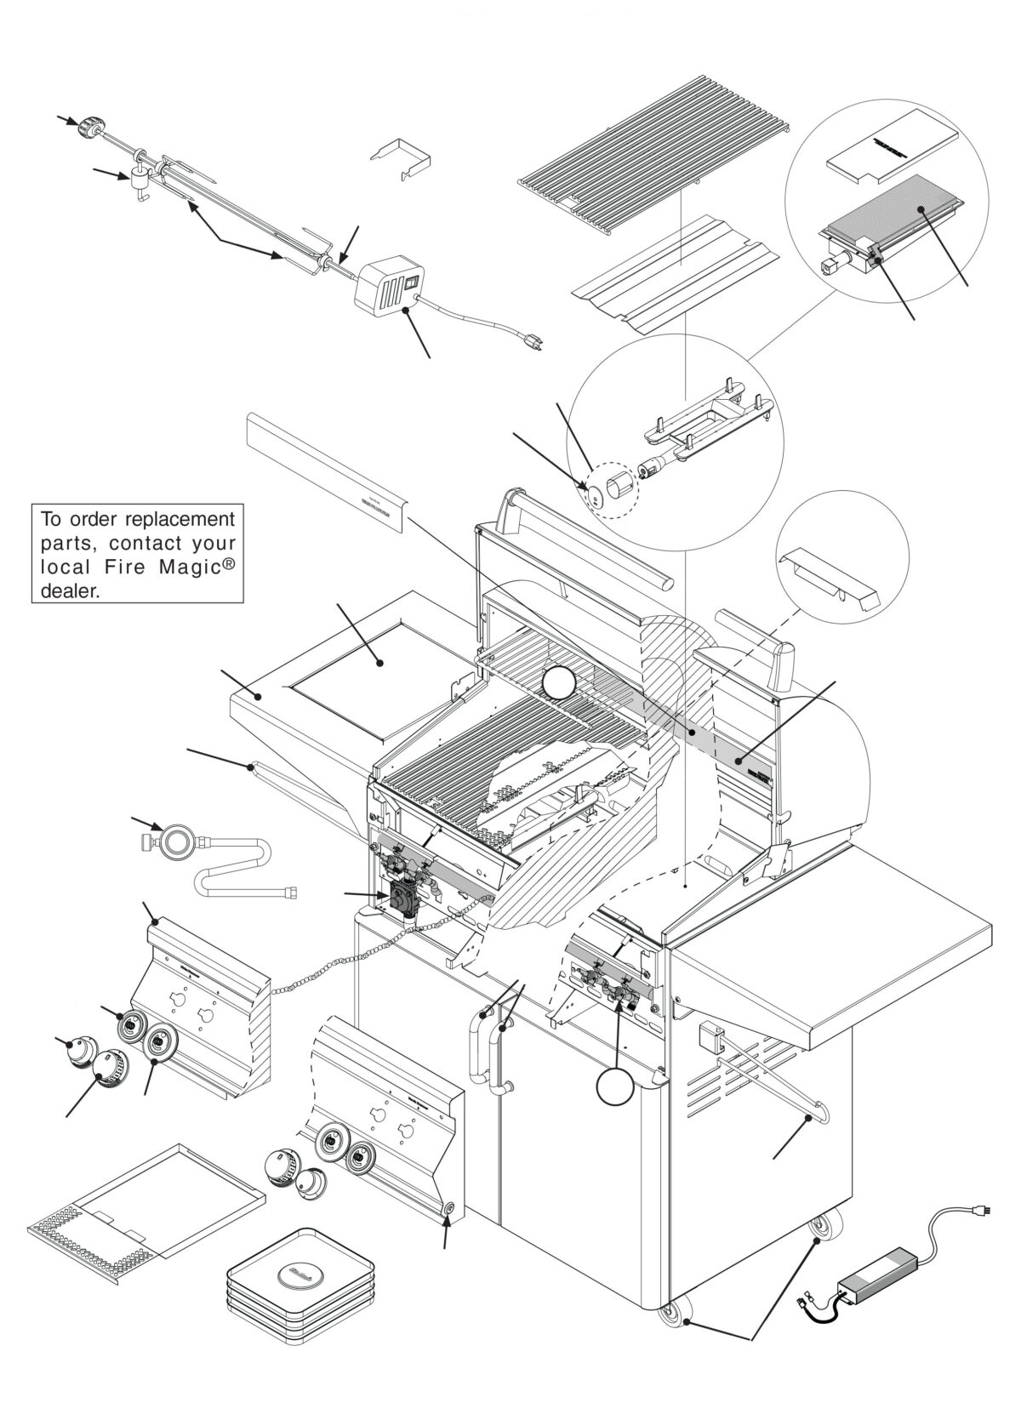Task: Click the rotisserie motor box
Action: pyautogui.click(x=388, y=288)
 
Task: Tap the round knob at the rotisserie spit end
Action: pyautogui.click(x=86, y=128)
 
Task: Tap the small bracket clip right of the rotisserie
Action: pyautogui.click(x=401, y=157)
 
